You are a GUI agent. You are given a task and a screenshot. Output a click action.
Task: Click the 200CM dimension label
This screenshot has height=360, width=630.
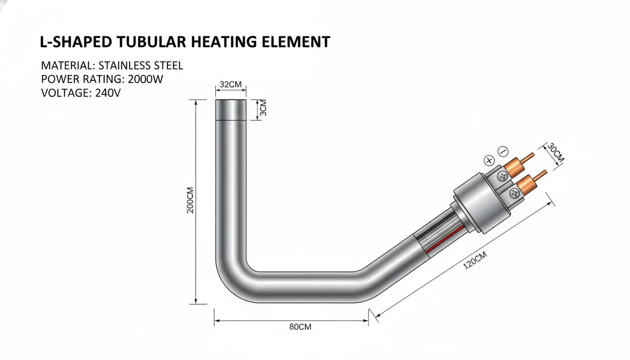pos(190,200)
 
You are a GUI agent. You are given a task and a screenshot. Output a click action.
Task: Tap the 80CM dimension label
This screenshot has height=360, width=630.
pos(300,327)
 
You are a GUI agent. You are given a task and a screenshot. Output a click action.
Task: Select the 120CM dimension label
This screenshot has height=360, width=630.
pos(475,260)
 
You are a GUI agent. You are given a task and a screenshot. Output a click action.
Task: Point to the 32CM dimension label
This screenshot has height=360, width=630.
pos(230,84)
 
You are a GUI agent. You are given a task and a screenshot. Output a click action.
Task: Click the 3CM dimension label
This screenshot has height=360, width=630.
pos(263,108)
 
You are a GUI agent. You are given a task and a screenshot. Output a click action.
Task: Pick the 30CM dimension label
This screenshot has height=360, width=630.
pos(555,152)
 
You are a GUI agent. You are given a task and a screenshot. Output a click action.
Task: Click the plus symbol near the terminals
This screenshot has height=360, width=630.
pos(489,161)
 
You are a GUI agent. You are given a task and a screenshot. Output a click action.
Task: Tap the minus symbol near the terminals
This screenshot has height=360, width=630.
pos(503,151)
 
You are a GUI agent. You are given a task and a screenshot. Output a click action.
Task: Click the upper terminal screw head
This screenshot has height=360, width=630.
pos(502,176)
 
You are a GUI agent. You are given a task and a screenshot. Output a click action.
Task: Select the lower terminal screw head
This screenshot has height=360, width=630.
pos(514,193)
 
